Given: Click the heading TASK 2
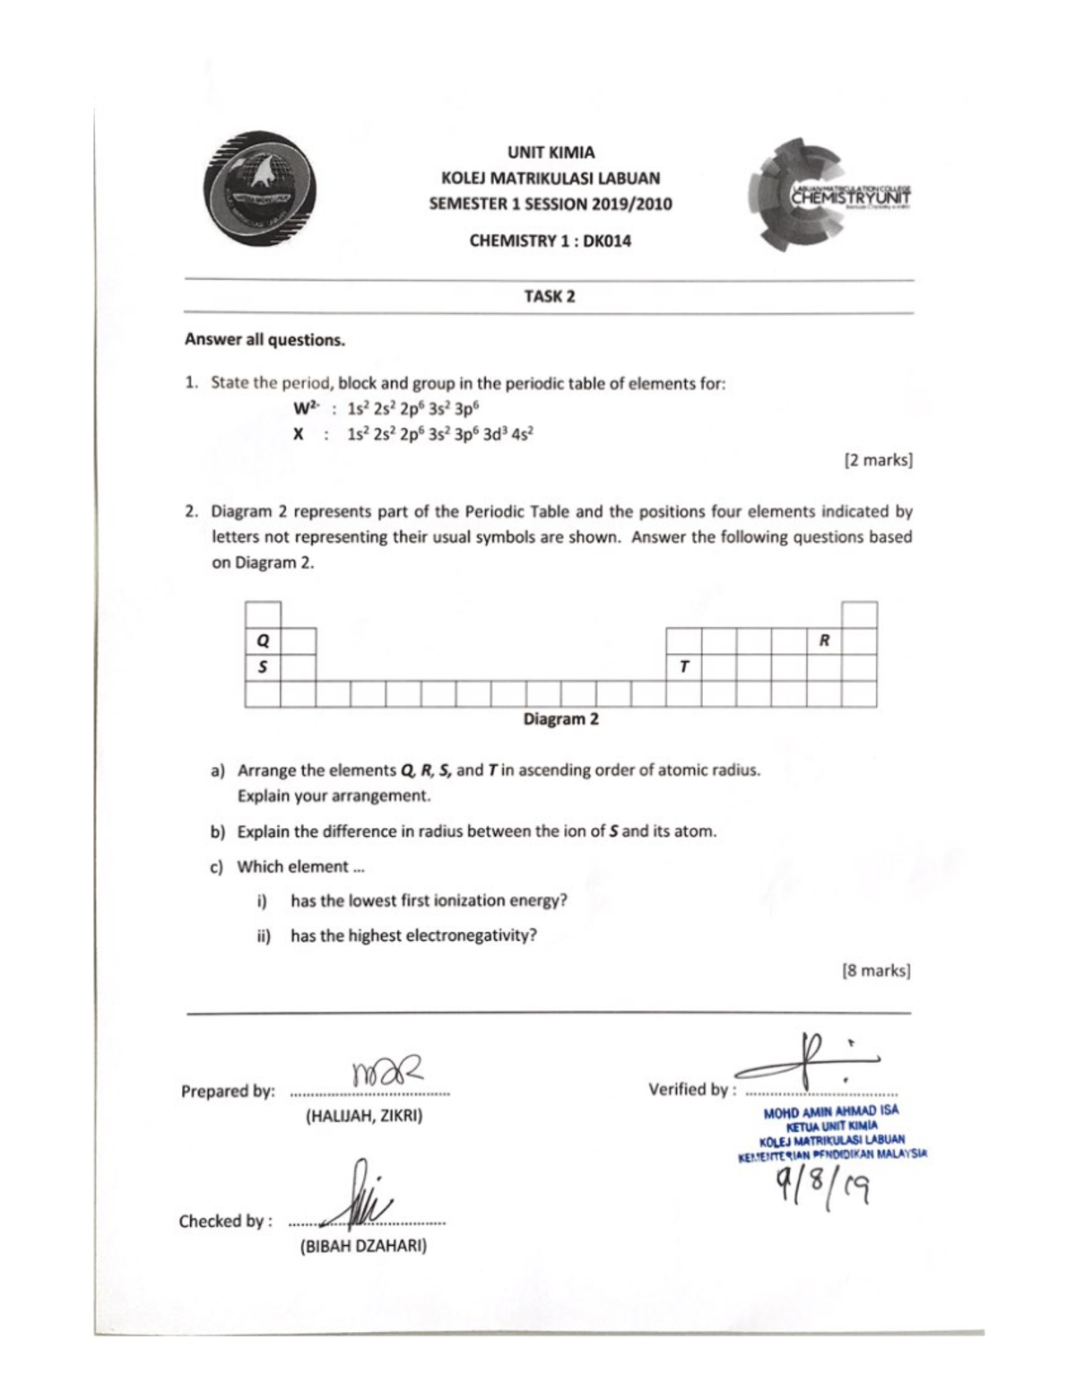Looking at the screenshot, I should pos(549,297).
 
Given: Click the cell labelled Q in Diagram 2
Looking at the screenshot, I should pos(263,641).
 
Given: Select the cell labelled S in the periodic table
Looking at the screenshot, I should pos(263,667).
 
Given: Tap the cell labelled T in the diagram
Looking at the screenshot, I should pos(683,667).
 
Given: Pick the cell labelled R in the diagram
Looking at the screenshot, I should pos(824,640).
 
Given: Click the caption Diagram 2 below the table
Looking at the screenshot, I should pos(560,719).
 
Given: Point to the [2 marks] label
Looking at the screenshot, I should pos(878,460).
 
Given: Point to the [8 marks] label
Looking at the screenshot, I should pos(876,971).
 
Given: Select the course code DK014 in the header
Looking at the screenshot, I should pos(607,240).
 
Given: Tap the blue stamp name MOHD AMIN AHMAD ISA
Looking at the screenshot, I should pos(830,1111).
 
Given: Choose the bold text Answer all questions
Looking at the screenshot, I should pos(265,340).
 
